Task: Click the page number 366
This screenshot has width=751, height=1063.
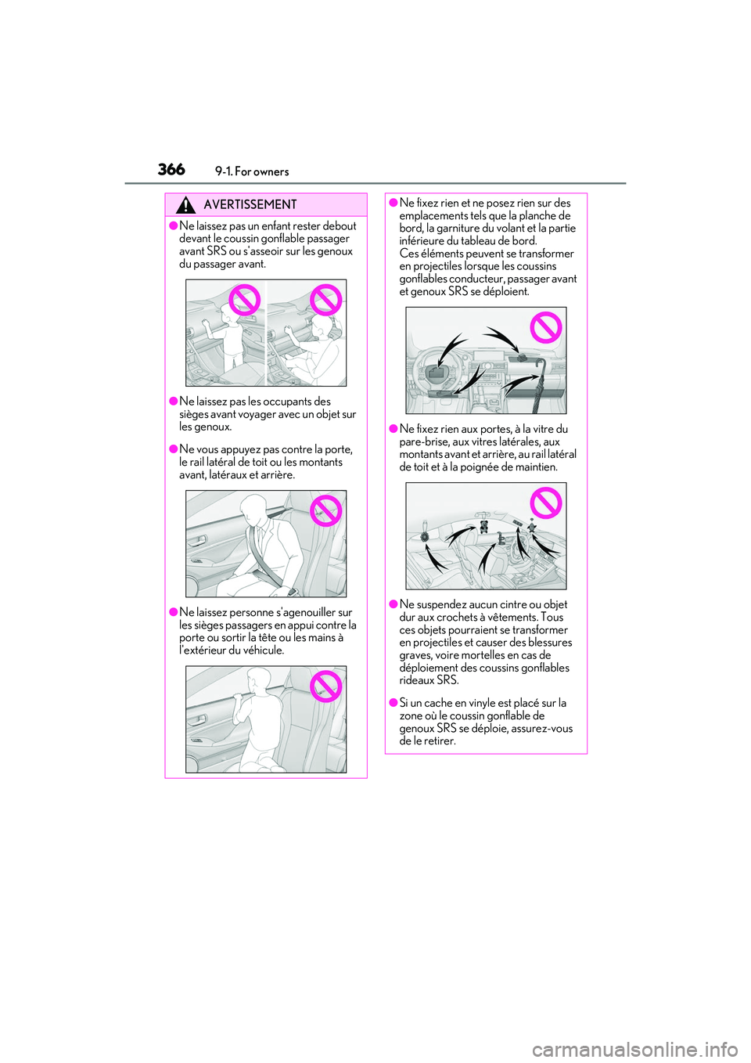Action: click(171, 169)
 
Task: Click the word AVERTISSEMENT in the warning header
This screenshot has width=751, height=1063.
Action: click(250, 204)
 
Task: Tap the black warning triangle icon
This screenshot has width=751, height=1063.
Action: click(185, 206)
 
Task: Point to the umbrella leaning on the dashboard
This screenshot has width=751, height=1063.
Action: click(539, 384)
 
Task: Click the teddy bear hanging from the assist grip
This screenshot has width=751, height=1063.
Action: click(483, 526)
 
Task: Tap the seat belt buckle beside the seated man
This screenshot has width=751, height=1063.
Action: click(292, 592)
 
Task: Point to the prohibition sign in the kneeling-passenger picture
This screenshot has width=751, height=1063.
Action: click(325, 686)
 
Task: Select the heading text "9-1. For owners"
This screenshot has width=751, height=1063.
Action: click(252, 171)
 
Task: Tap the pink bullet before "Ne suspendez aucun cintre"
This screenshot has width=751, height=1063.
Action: click(393, 604)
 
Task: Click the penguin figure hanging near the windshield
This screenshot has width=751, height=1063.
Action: click(531, 525)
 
